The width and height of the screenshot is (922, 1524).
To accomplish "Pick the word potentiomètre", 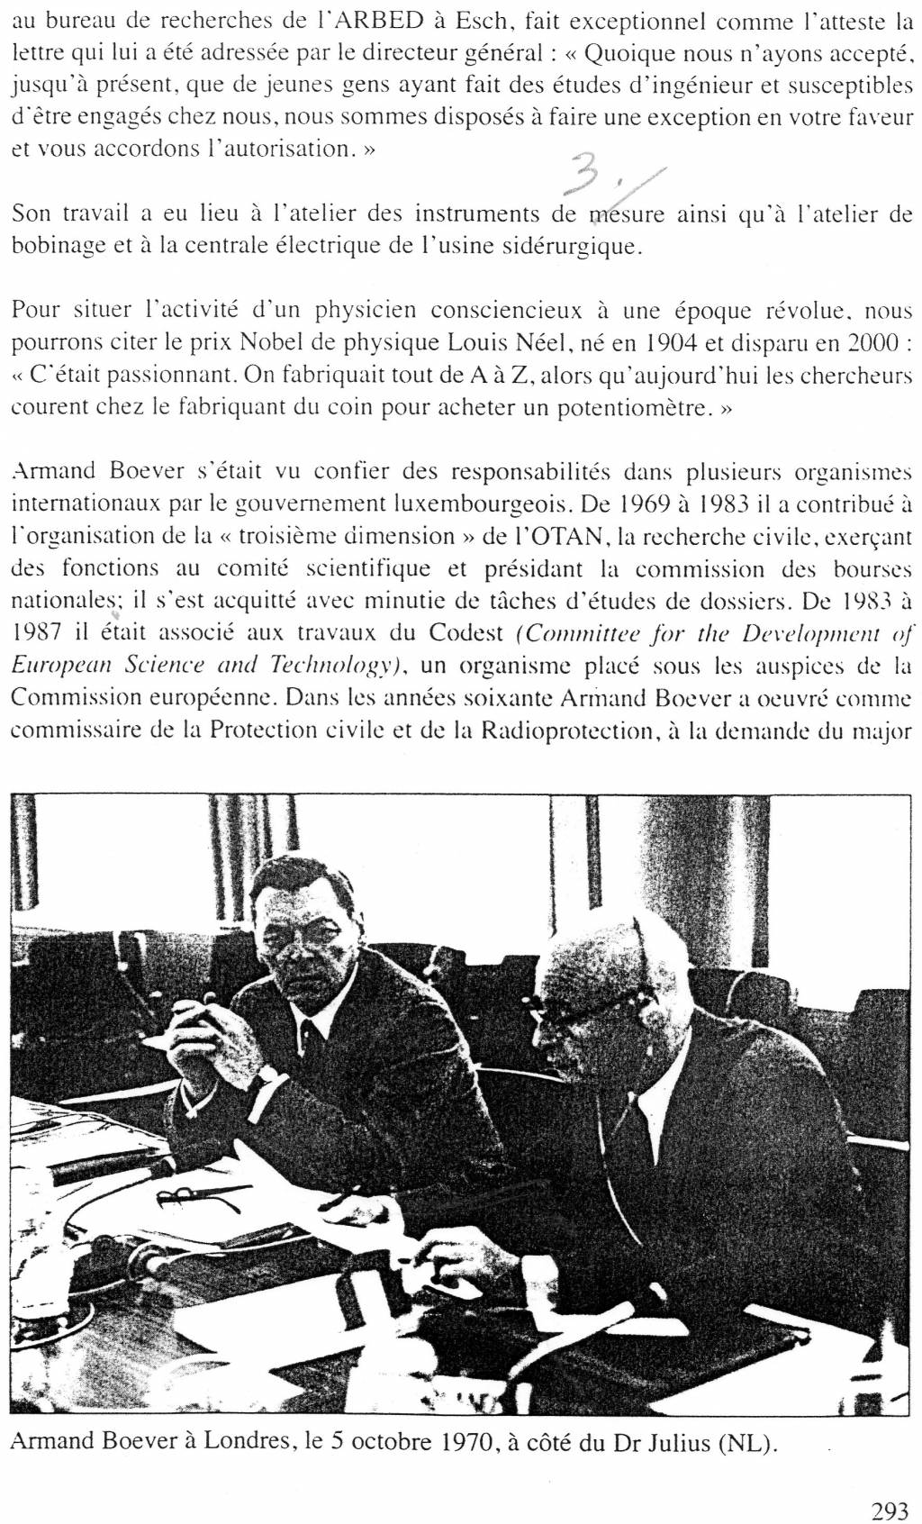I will click(633, 407).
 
